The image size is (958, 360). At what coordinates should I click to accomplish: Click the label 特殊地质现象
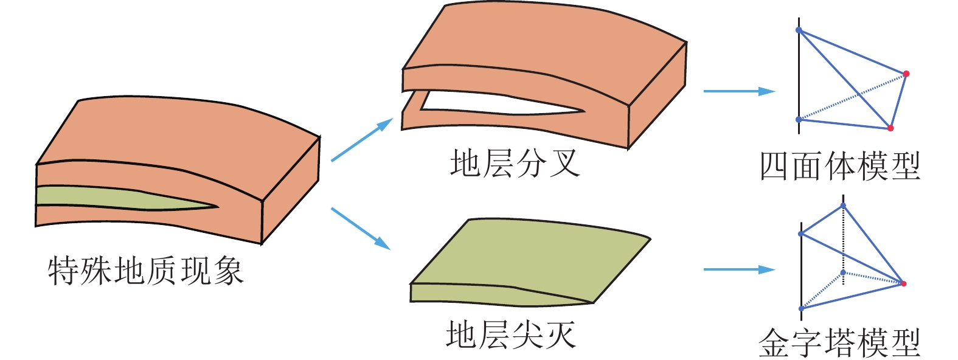pyautogui.click(x=145, y=271)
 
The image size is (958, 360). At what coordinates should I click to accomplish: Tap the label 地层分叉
pyautogui.click(x=514, y=164)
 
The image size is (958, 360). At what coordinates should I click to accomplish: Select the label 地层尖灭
pyautogui.click(x=510, y=335)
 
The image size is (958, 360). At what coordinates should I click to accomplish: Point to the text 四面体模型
pyautogui.click(x=840, y=166)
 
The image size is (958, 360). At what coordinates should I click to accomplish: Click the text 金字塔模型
pyautogui.click(x=839, y=343)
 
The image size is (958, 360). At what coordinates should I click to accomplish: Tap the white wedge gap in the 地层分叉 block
pyautogui.click(x=487, y=103)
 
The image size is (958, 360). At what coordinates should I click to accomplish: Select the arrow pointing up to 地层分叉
pyautogui.click(x=363, y=140)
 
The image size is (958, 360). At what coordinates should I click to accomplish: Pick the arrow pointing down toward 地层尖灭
pyautogui.click(x=361, y=229)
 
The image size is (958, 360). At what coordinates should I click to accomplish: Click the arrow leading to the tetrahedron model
pyautogui.click(x=738, y=91)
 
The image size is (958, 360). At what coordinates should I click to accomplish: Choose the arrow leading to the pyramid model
pyautogui.click(x=738, y=269)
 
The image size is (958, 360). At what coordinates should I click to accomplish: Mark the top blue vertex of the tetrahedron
pyautogui.click(x=799, y=30)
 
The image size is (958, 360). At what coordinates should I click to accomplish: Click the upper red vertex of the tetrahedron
pyautogui.click(x=906, y=74)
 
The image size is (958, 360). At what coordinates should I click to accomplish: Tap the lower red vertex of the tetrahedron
pyautogui.click(x=890, y=128)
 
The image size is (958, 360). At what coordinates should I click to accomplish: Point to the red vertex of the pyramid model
pyautogui.click(x=903, y=283)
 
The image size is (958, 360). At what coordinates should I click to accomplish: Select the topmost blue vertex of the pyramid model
pyautogui.click(x=843, y=205)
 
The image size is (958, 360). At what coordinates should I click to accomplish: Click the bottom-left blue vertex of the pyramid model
pyautogui.click(x=801, y=309)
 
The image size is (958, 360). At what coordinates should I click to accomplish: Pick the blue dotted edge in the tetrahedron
pyautogui.click(x=852, y=97)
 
